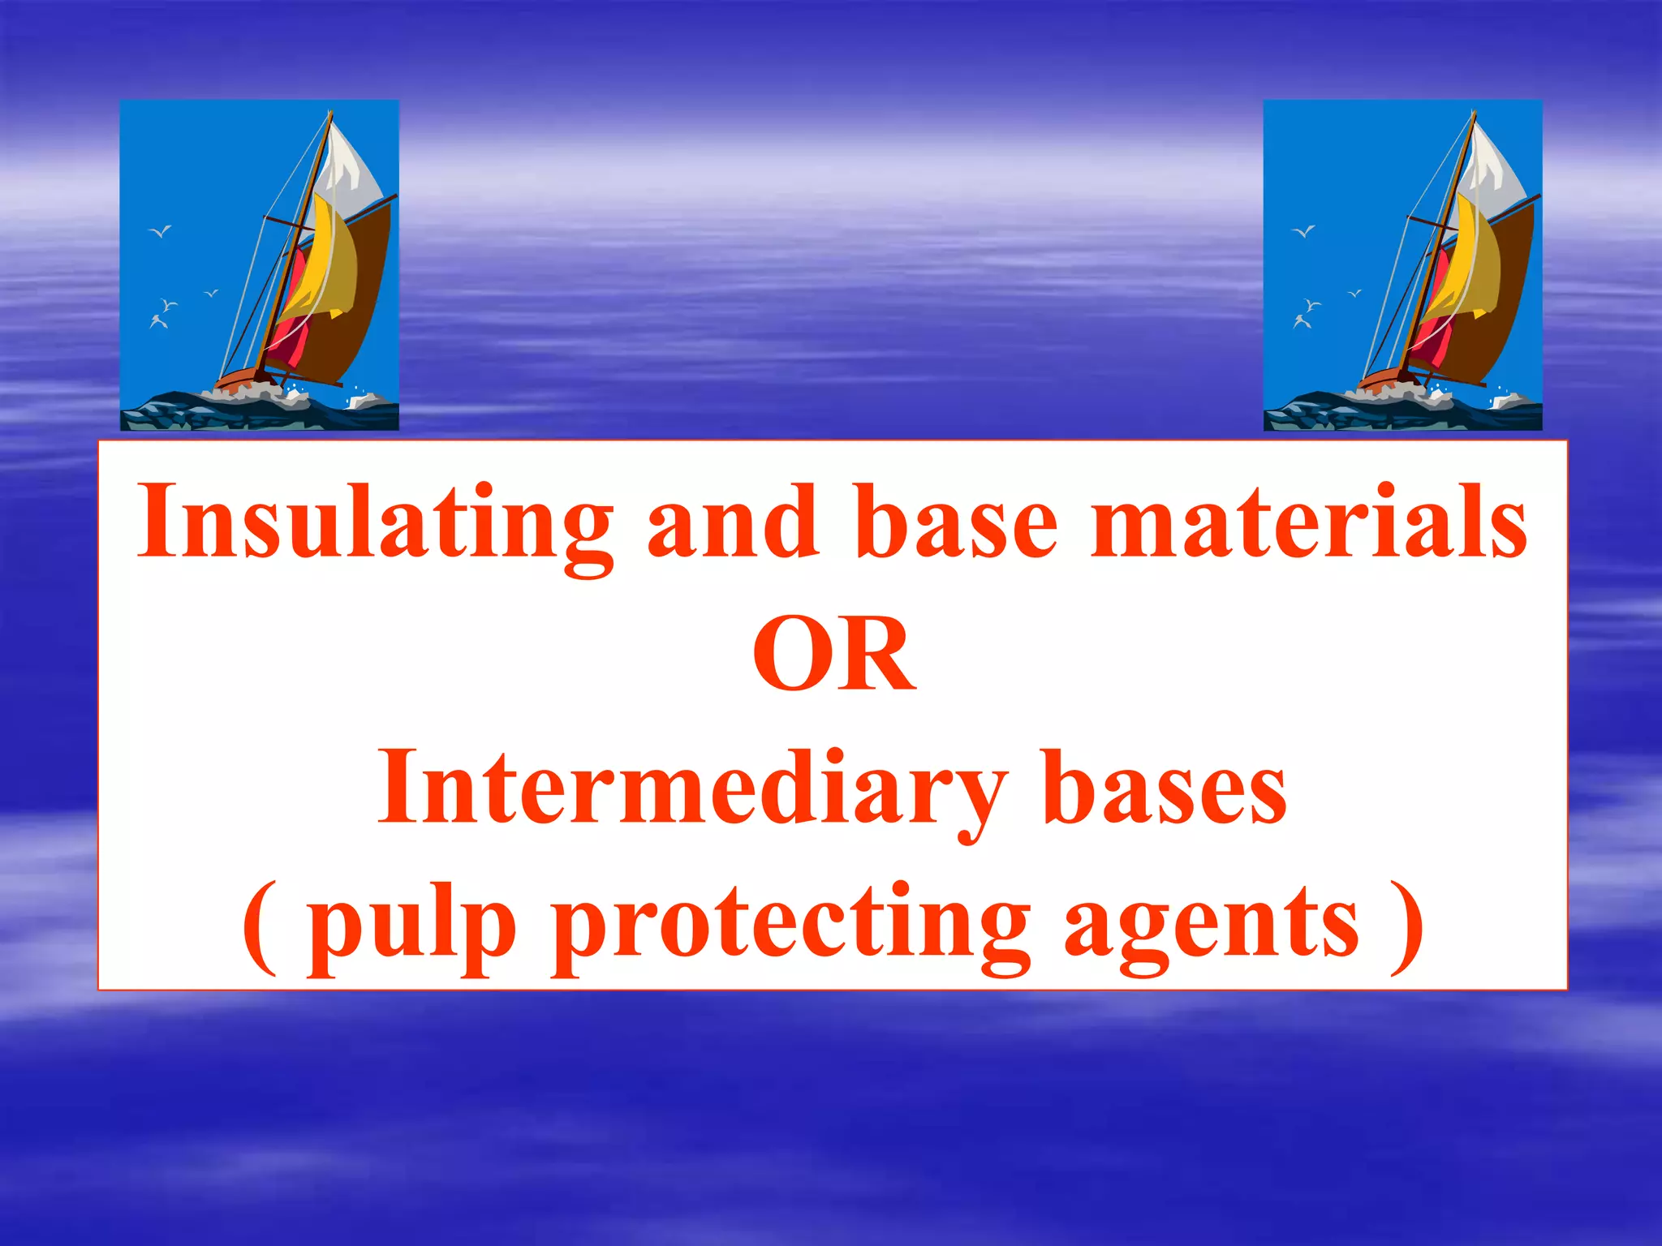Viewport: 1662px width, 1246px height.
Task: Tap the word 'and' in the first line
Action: pyautogui.click(x=732, y=523)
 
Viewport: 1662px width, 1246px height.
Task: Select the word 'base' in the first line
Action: pyautogui.click(x=958, y=523)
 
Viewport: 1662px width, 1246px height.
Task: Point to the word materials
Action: pyautogui.click(x=1308, y=523)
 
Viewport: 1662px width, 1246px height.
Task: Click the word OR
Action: pyautogui.click(x=833, y=655)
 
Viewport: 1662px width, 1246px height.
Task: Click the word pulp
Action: pyautogui.click(x=411, y=925)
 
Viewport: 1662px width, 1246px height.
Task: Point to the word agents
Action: pyautogui.click(x=1211, y=925)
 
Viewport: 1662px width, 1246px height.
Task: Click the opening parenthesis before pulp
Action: pyautogui.click(x=260, y=925)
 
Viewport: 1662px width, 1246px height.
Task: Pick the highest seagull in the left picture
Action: pyautogui.click(x=161, y=232)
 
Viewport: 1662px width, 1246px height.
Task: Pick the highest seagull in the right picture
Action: pyautogui.click(x=1304, y=232)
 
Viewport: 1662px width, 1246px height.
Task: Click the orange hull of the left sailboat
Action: pyautogui.click(x=239, y=378)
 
